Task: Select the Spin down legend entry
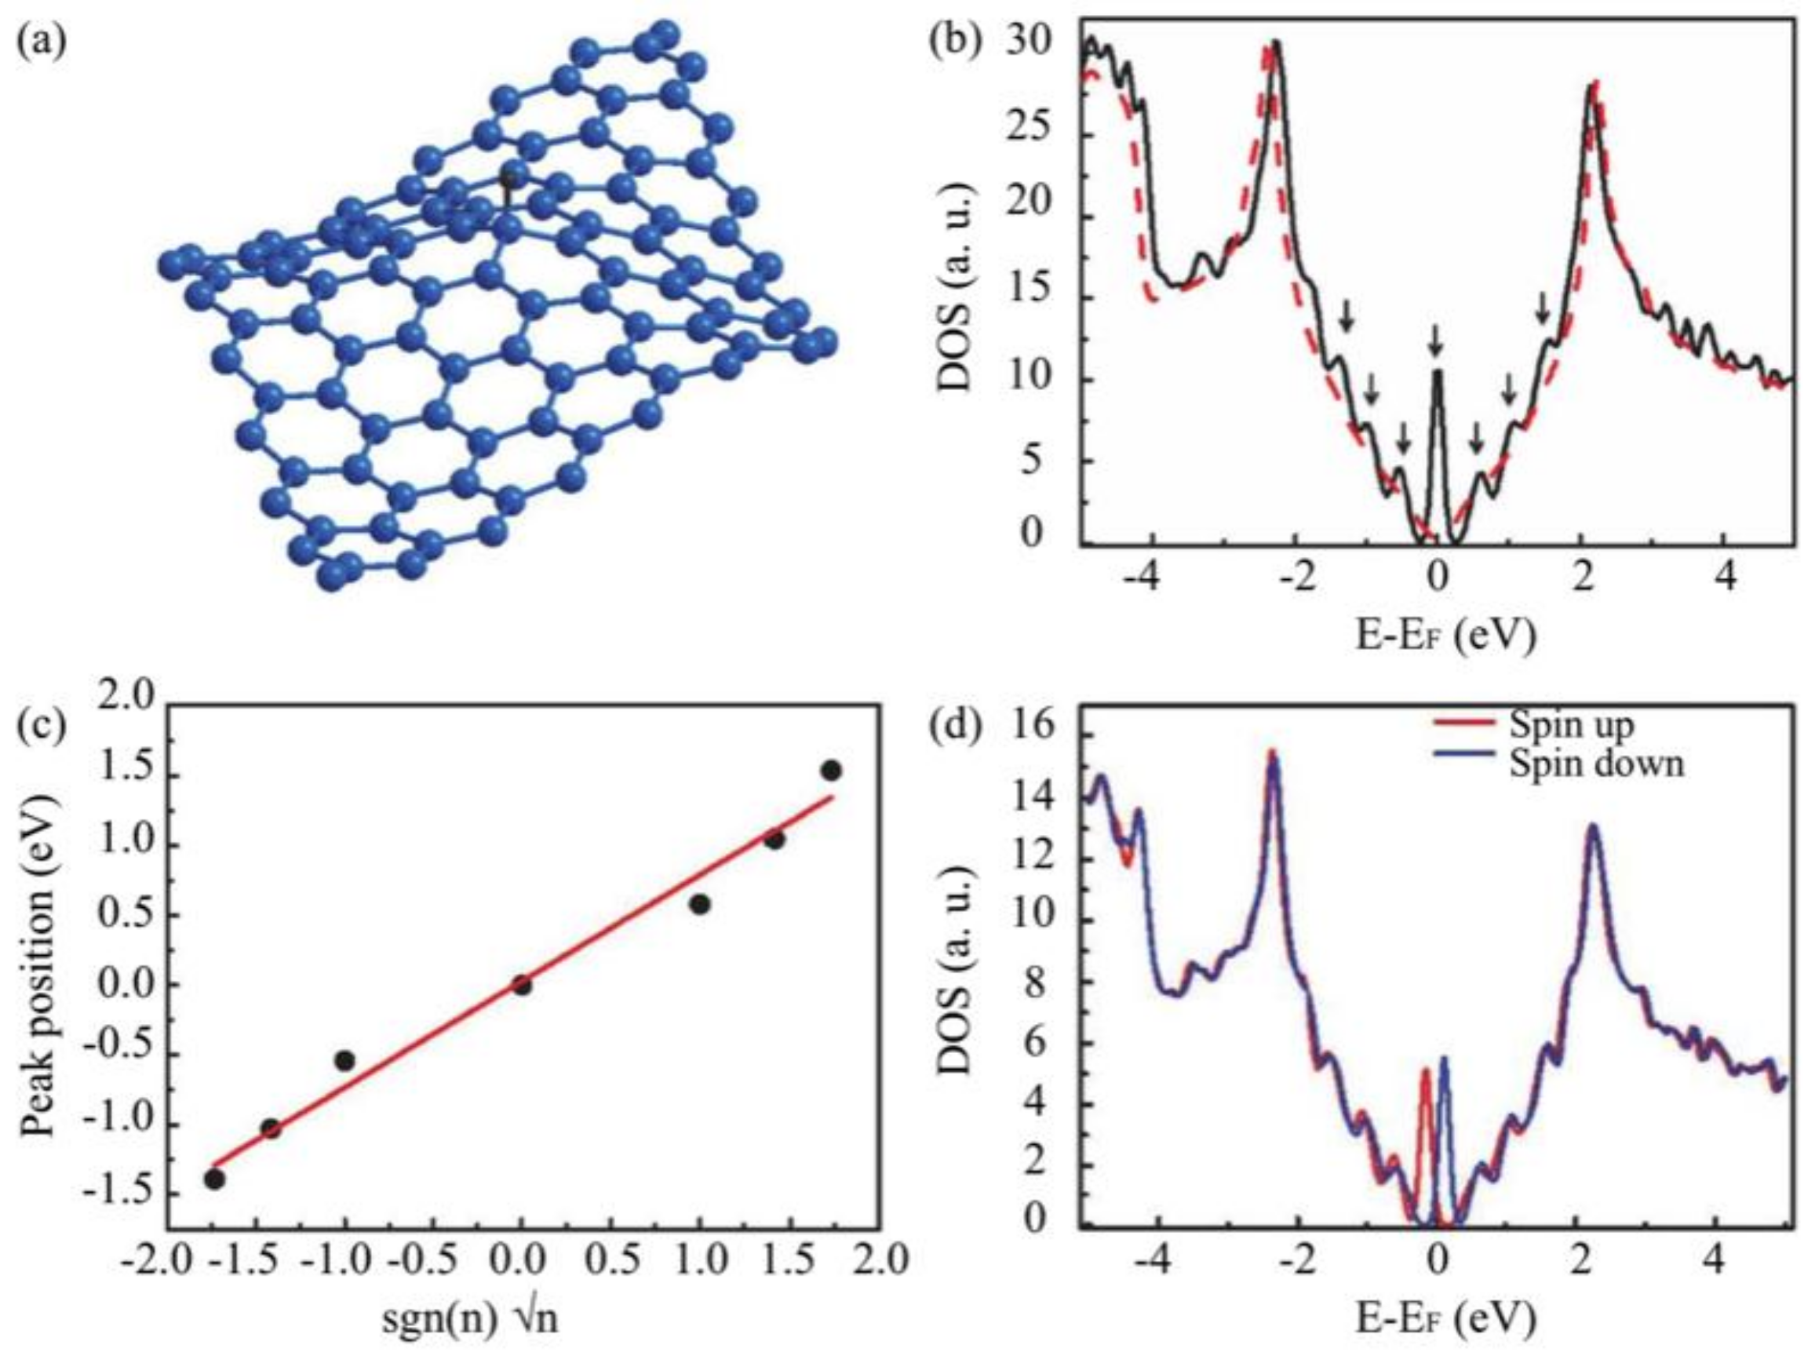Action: pos(1595,763)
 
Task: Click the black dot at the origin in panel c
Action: pos(522,985)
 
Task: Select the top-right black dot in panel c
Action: pos(831,771)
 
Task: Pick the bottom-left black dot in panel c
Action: pos(215,1179)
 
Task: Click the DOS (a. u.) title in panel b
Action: pos(953,289)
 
